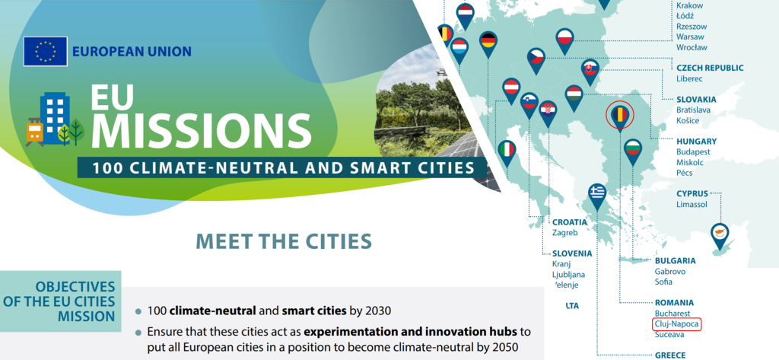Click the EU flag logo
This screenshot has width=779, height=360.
click(45, 51)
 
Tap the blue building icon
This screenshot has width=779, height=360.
click(55, 117)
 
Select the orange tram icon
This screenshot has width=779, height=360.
click(34, 131)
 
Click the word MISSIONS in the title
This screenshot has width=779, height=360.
click(201, 130)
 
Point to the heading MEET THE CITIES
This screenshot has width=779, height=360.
click(285, 241)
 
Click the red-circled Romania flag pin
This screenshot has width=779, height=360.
click(620, 116)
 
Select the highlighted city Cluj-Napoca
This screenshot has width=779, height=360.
click(676, 324)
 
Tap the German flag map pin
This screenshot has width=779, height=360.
click(488, 43)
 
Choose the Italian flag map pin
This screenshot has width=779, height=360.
click(507, 151)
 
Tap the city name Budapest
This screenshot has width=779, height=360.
click(694, 151)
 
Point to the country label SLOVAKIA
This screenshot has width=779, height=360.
click(696, 100)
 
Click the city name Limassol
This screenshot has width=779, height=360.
click(692, 204)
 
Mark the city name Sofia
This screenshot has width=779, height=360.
click(663, 282)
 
